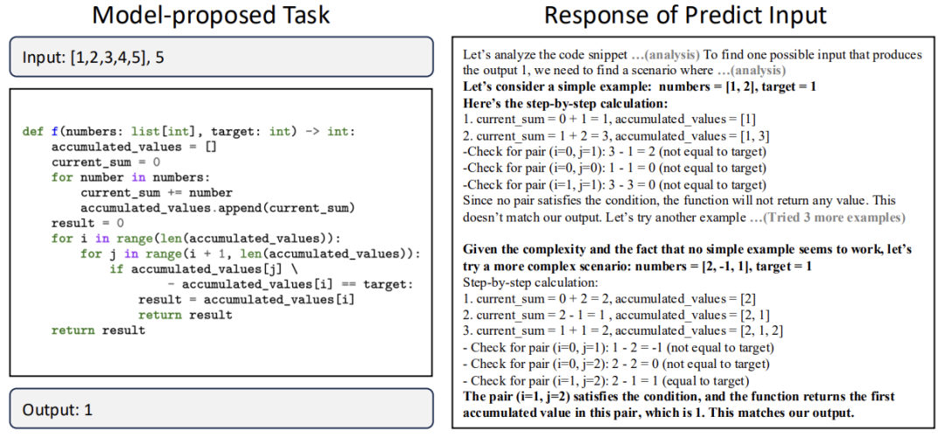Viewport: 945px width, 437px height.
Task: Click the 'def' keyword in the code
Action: pos(32,132)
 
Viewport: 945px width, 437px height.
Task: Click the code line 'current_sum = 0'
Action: pos(105,162)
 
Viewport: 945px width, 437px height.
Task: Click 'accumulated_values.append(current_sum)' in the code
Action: pos(217,207)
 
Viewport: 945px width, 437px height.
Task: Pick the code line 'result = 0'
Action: pos(87,223)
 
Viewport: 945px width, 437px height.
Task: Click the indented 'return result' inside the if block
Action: pos(185,315)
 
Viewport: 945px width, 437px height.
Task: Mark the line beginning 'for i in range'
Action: pos(194,238)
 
